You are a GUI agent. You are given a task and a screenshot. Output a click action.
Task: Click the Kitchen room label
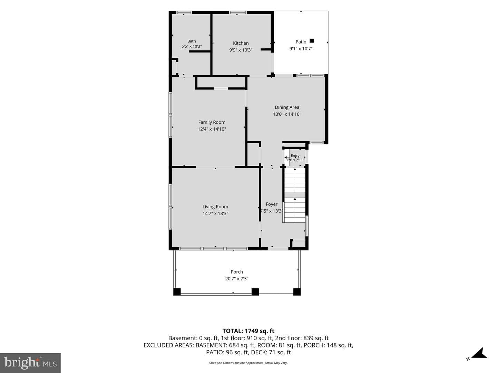point(241,43)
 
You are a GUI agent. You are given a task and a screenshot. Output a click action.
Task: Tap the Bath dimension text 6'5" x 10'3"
point(192,46)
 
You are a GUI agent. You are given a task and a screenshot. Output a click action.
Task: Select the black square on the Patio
point(312,41)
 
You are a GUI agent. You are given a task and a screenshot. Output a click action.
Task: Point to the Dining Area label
point(287,107)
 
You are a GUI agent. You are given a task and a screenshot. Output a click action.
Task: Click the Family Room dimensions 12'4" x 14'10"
point(212,129)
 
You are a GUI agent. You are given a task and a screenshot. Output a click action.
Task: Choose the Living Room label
point(215,207)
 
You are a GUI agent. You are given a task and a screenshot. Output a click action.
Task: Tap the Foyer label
point(272,204)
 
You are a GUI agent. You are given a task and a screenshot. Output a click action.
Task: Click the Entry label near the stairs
point(295,155)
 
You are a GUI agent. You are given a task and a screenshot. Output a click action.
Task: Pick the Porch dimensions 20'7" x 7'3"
point(237,279)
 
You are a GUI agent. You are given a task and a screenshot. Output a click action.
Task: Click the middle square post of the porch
point(255,292)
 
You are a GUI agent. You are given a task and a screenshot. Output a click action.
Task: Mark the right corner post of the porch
point(297,292)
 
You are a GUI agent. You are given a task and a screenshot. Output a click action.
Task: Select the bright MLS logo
point(30,363)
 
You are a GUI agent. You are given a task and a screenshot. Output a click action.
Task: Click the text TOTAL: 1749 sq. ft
point(248,331)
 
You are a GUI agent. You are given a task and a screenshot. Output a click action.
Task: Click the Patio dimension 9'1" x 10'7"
point(301,48)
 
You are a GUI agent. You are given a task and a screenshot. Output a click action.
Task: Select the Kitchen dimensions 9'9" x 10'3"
point(241,50)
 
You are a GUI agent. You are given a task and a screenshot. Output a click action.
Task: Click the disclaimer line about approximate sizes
point(248,363)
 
